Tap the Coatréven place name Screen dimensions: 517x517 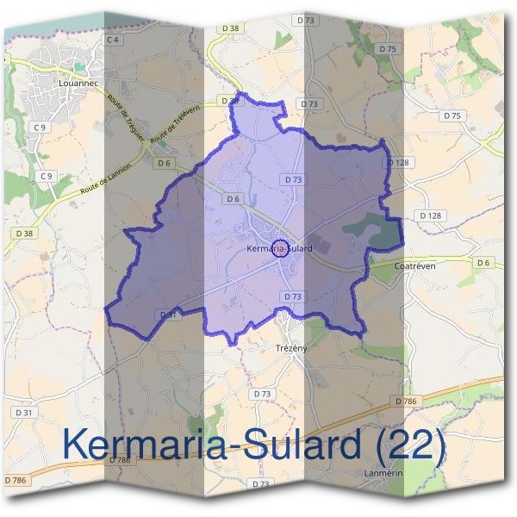pyautogui.click(x=414, y=266)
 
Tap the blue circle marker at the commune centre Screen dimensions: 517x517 pyautogui.click(x=280, y=249)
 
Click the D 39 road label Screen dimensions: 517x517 pyautogui.click(x=230, y=102)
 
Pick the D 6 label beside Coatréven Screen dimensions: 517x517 pyautogui.click(x=483, y=262)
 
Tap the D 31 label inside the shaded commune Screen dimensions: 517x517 pyautogui.click(x=167, y=315)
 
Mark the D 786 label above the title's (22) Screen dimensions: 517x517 pyautogui.click(x=405, y=402)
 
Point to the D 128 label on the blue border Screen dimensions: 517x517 pyautogui.click(x=396, y=162)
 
